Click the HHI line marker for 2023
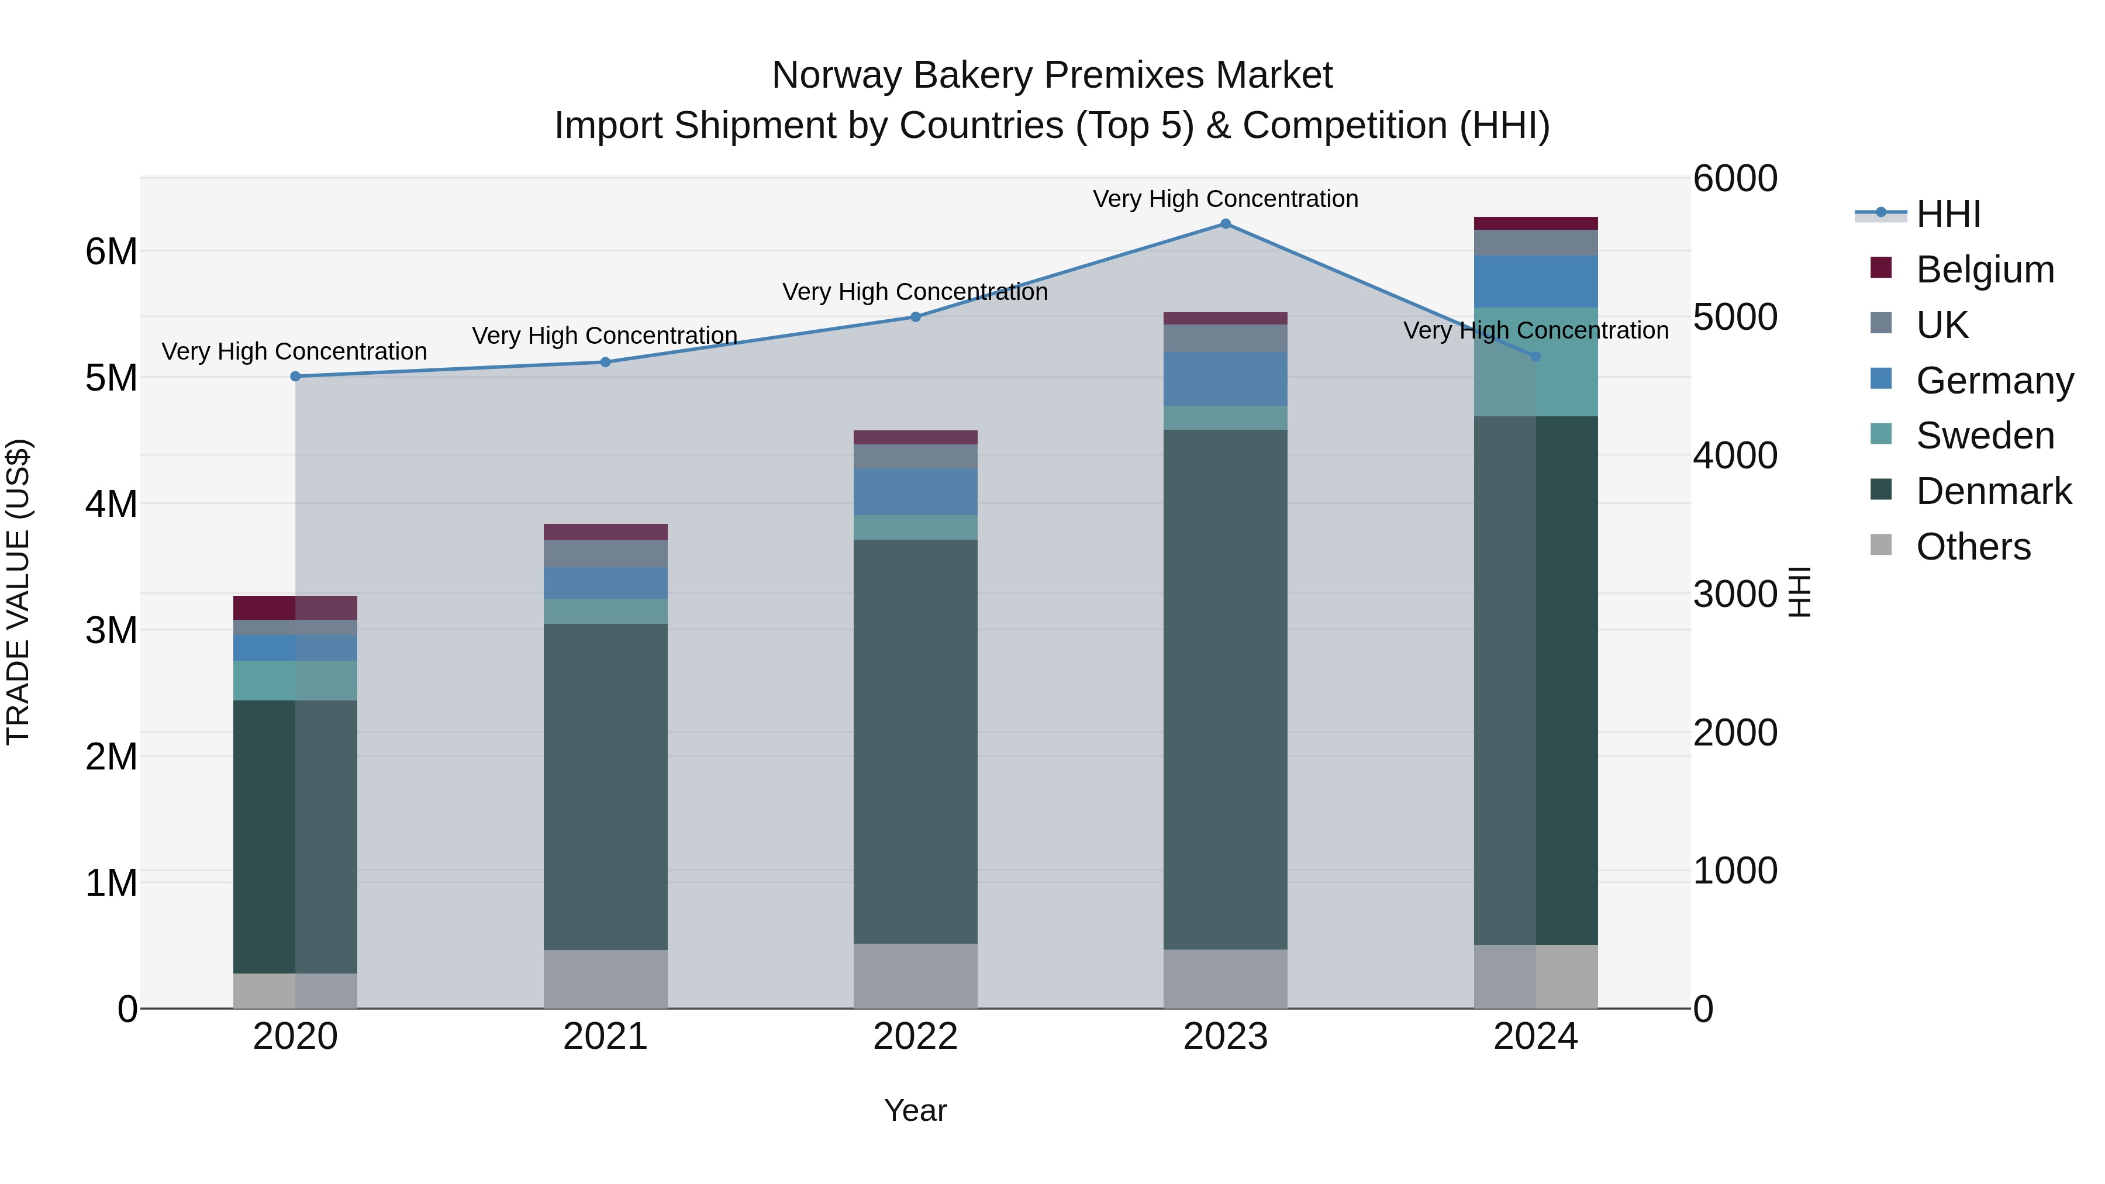(1225, 224)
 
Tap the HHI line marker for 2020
(296, 377)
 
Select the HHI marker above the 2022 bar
(915, 317)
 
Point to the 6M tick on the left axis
(111, 251)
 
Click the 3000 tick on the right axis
(1734, 594)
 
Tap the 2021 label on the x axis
(605, 1037)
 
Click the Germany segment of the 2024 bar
(1535, 281)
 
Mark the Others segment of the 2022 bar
(915, 976)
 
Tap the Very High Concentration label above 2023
(1225, 199)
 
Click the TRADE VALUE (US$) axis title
(18, 592)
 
